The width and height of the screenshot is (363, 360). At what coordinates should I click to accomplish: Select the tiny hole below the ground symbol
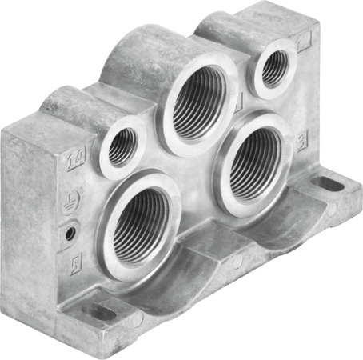(x=70, y=233)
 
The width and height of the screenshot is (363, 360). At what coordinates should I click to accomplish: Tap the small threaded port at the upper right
(x=274, y=69)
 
